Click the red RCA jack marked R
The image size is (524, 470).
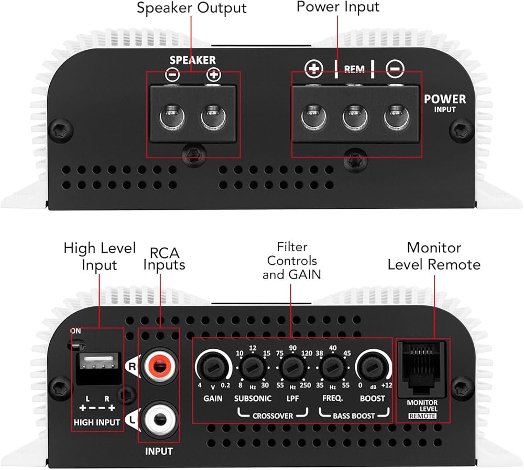[159, 365]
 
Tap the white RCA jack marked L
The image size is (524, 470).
[159, 419]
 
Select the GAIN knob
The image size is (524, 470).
[213, 368]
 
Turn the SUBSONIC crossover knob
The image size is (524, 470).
[253, 368]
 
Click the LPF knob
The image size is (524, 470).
[292, 368]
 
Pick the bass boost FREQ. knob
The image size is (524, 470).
[332, 368]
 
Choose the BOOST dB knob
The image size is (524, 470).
[372, 368]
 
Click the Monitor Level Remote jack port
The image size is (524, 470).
[422, 368]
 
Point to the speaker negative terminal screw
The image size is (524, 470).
[172, 117]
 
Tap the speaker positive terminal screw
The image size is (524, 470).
[213, 117]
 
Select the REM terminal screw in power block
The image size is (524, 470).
[355, 117]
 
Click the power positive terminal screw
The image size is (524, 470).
[313, 117]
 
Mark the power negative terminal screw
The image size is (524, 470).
[396, 117]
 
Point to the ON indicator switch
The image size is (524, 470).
[76, 344]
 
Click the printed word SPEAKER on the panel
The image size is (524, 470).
[192, 60]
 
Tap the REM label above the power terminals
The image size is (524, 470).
[354, 69]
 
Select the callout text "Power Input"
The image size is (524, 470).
[338, 7]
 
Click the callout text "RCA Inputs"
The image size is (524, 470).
[164, 259]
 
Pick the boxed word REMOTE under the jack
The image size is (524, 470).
[422, 416]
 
